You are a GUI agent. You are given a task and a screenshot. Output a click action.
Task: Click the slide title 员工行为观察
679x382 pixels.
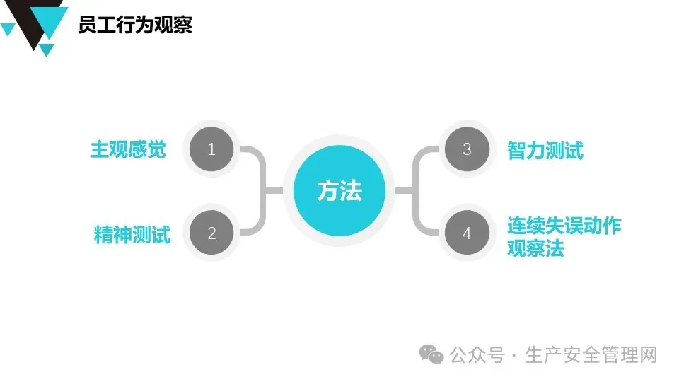(x=135, y=25)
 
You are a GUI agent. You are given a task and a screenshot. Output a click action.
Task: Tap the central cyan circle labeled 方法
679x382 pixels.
(x=339, y=191)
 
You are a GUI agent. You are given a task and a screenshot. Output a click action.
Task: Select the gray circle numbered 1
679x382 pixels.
(x=211, y=149)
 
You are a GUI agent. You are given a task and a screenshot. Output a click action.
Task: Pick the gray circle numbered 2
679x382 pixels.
(x=211, y=233)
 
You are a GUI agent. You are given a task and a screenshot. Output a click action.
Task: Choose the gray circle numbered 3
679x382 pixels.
(x=467, y=149)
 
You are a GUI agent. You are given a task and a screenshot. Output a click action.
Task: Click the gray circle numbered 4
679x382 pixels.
(x=467, y=233)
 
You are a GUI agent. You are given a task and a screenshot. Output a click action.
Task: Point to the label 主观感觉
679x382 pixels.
(x=127, y=150)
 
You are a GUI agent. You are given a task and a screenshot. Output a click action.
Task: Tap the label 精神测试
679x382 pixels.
(x=132, y=234)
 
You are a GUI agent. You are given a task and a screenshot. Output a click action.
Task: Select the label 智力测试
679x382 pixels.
(x=545, y=150)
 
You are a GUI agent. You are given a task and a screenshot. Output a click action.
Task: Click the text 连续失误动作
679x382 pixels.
(x=564, y=226)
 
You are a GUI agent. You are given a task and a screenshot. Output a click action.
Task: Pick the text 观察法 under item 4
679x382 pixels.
(x=535, y=249)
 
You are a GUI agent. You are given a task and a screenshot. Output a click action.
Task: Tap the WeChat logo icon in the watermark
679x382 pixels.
(x=431, y=354)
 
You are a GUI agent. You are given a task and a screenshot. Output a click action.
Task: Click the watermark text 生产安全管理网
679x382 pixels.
(x=591, y=354)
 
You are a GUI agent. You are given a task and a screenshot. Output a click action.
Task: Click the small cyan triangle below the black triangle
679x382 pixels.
(x=47, y=50)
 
